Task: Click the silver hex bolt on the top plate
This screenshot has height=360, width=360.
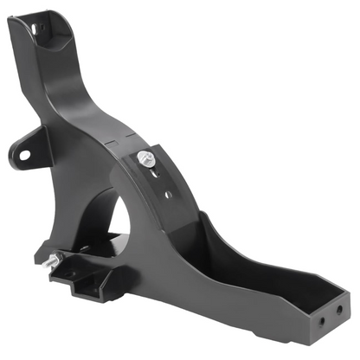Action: [x=145, y=158]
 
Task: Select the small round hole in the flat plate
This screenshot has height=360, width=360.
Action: [x=167, y=194]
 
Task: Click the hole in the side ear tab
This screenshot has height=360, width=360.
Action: [x=24, y=156]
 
